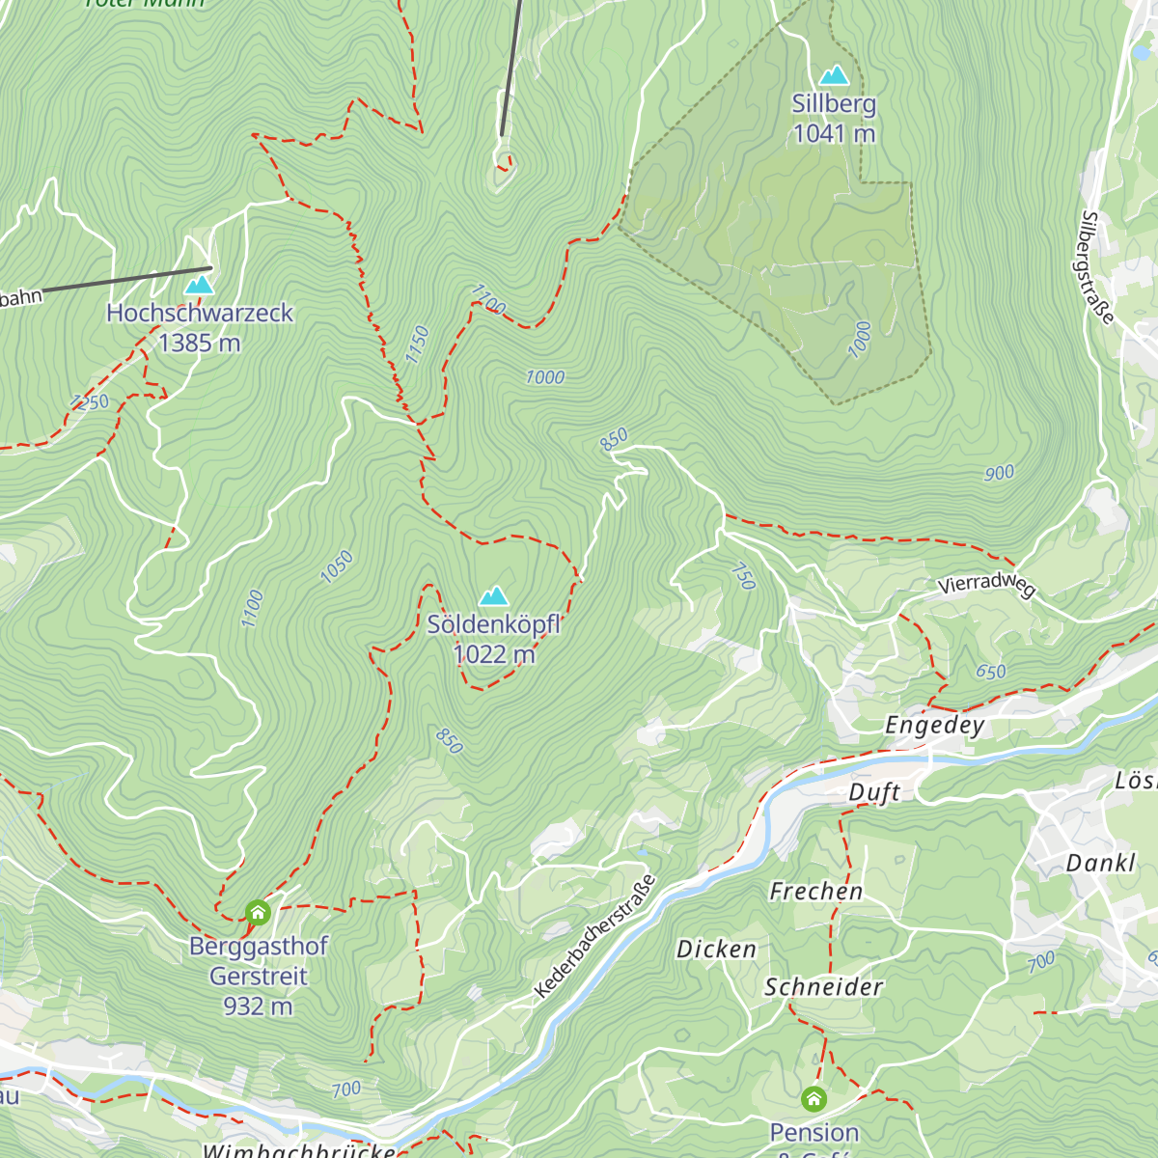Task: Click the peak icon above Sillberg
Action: (834, 75)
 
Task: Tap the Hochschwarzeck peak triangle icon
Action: (199, 285)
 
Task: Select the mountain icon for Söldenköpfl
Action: (494, 596)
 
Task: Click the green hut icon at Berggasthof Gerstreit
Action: (258, 912)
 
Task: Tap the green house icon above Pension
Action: (813, 1099)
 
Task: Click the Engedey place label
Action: (935, 726)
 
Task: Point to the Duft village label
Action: (874, 792)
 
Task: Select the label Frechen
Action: (816, 892)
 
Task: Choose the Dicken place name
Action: (716, 950)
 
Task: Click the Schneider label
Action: (824, 987)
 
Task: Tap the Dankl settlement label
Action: (1101, 863)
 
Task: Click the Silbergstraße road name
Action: (1097, 268)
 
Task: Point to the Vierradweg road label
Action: (986, 585)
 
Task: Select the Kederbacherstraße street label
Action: (594, 937)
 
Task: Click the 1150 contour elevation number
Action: (417, 345)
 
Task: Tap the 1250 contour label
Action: (90, 402)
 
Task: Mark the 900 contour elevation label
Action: (999, 473)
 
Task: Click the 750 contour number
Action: (744, 576)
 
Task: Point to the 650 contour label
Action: (991, 672)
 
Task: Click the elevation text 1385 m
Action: (200, 344)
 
